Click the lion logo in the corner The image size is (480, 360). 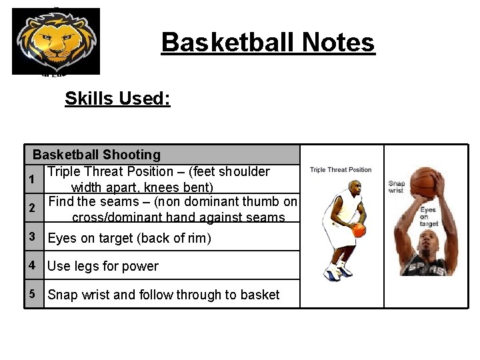point(56,41)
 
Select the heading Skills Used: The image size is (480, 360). point(117,99)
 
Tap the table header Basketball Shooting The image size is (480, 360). point(97,155)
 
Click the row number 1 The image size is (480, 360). point(31,179)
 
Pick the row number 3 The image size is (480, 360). point(32,236)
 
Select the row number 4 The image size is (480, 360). point(32,265)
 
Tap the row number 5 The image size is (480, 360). point(32,293)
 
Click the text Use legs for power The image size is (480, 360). point(103,266)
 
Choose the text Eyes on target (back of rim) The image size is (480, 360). point(129,238)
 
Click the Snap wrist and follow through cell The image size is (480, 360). point(163,295)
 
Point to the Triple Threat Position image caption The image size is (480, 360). point(341,170)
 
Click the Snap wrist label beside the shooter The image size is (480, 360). point(397,187)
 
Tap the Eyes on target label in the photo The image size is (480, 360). point(428,217)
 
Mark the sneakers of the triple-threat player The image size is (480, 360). point(337,271)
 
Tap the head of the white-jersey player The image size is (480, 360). point(353,186)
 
